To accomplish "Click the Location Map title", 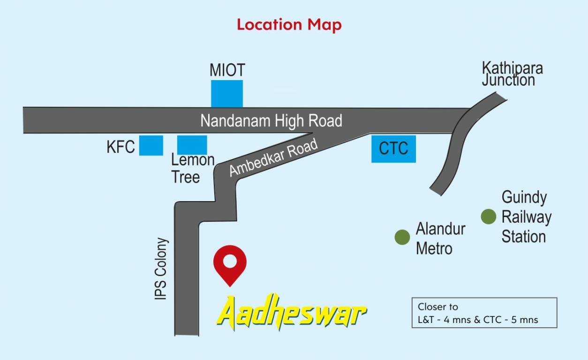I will pyautogui.click(x=289, y=24).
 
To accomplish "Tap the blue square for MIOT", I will pyautogui.click(x=227, y=94).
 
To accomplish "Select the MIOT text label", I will pyautogui.click(x=227, y=70).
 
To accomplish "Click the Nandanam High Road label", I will pyautogui.click(x=271, y=121).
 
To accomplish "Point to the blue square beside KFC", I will pyautogui.click(x=151, y=145).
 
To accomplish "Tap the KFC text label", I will pyautogui.click(x=121, y=147).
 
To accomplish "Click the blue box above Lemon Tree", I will pyautogui.click(x=192, y=145).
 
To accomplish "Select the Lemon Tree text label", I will pyautogui.click(x=192, y=168).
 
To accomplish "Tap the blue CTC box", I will pyautogui.click(x=393, y=149).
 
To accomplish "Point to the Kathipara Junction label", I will pyautogui.click(x=512, y=74).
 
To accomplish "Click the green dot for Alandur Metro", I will pyautogui.click(x=402, y=237).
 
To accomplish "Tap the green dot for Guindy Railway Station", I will pyautogui.click(x=489, y=216).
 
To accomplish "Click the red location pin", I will pyautogui.click(x=230, y=264).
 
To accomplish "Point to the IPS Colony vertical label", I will pyautogui.click(x=161, y=269).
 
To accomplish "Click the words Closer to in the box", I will pyautogui.click(x=438, y=307).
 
